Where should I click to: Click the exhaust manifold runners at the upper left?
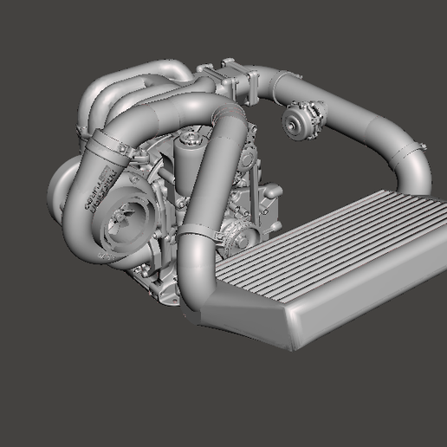(130, 87)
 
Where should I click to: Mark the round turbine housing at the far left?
(61, 186)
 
